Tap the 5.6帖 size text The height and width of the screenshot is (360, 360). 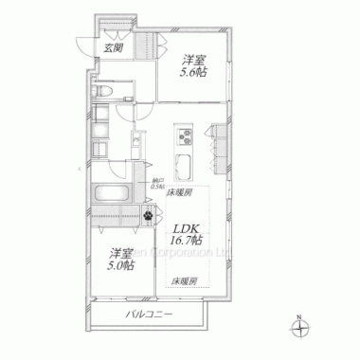click(194, 72)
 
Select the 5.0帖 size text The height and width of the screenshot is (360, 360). click(120, 266)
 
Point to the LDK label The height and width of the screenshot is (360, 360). click(186, 227)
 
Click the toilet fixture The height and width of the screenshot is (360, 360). click(103, 93)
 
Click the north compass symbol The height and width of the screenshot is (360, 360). click(301, 329)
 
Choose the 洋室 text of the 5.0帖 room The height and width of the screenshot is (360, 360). click(119, 253)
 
